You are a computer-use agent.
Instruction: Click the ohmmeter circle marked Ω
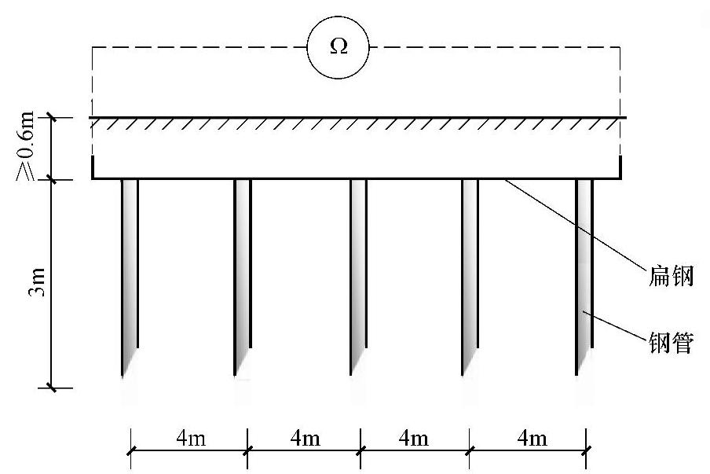click(x=338, y=47)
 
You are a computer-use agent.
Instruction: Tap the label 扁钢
click(x=668, y=277)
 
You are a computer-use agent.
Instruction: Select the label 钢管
click(x=668, y=343)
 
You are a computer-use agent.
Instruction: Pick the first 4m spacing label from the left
click(x=188, y=438)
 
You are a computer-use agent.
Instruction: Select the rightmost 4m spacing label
click(x=527, y=438)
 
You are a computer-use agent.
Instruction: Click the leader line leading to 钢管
click(x=620, y=329)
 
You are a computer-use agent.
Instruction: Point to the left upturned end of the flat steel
click(x=93, y=168)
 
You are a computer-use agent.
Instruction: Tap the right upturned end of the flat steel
click(x=620, y=168)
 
